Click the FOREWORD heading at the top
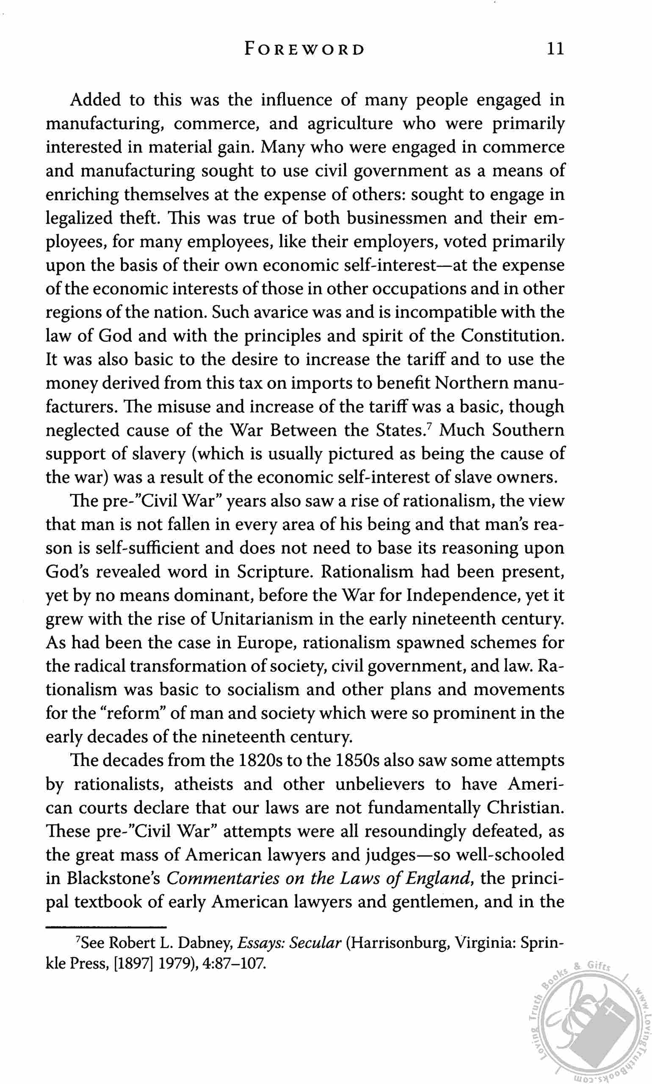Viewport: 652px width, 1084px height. click(x=304, y=49)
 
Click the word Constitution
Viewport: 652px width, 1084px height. click(x=512, y=336)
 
